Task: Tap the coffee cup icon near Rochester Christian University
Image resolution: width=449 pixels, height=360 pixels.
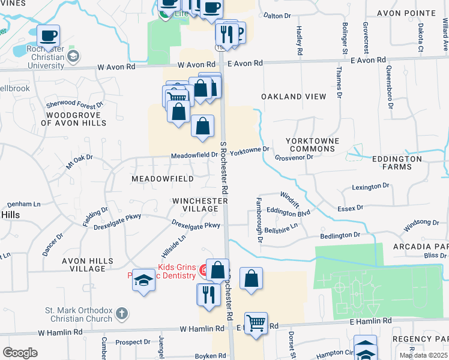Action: (x=49, y=35)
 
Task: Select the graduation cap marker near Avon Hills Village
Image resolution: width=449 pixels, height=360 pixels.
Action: (x=144, y=280)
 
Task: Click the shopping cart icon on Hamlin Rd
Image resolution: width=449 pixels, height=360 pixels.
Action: (x=256, y=323)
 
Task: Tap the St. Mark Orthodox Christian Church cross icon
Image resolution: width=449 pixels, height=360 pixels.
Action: (x=122, y=313)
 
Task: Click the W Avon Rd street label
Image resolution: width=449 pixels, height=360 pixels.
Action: (x=196, y=64)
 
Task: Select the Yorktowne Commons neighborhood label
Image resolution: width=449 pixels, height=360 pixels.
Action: (x=312, y=145)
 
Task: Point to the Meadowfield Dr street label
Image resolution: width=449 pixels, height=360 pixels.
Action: (x=193, y=155)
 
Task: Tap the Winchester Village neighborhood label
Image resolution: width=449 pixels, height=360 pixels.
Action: (x=195, y=204)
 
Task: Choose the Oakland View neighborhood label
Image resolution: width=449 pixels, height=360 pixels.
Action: (x=294, y=97)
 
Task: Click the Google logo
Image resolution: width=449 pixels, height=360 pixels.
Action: (x=20, y=353)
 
